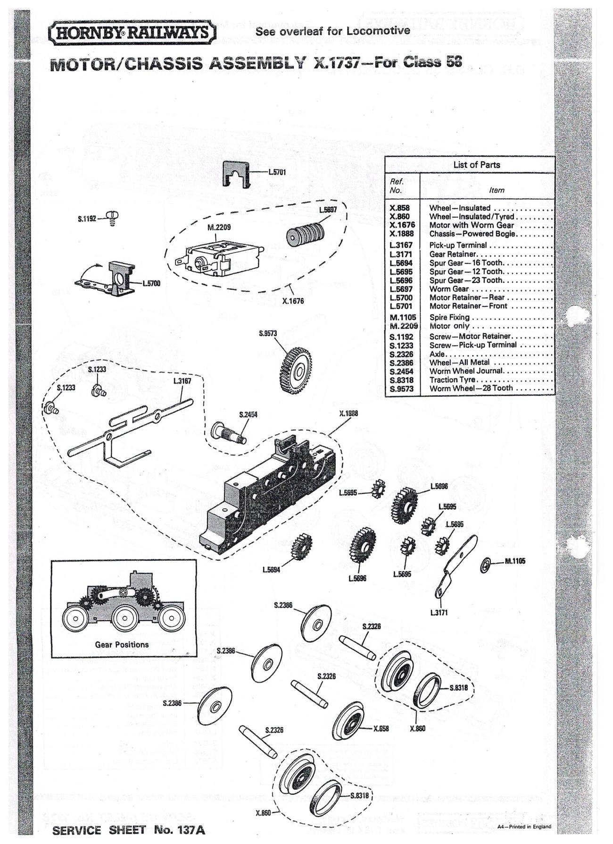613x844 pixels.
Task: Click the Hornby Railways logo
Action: click(133, 34)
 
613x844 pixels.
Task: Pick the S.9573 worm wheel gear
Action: click(296, 371)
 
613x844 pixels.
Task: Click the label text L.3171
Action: click(439, 612)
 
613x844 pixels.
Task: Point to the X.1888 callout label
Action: click(348, 413)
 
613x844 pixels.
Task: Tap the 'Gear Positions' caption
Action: click(122, 644)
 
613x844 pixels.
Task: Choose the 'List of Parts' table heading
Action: click(476, 165)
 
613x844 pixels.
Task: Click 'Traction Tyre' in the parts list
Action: click(452, 380)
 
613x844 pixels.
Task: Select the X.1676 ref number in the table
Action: click(402, 225)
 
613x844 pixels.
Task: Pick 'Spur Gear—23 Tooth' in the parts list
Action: click(466, 280)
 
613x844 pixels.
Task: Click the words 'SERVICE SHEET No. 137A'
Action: click(128, 830)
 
